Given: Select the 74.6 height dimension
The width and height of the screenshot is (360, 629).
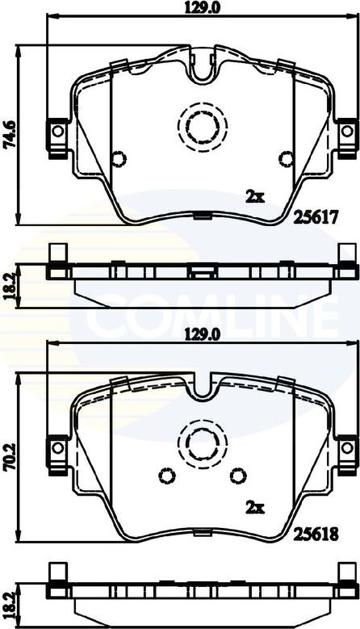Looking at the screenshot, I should pos(9,130).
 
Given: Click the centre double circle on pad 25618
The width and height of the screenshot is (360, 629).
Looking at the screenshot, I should pos(199,441).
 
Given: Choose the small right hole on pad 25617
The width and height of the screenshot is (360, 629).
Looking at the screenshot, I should pos(283,157).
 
